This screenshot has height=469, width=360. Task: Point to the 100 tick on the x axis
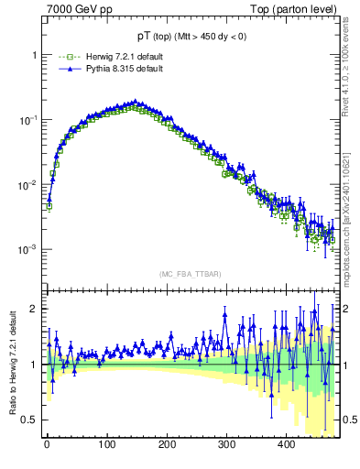107,444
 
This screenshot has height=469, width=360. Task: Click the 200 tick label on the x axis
167,444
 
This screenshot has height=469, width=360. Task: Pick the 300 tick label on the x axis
227,444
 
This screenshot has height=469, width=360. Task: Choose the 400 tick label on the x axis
287,444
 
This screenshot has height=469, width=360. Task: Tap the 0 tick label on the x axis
47,444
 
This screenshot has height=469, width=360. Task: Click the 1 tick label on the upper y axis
34,54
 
